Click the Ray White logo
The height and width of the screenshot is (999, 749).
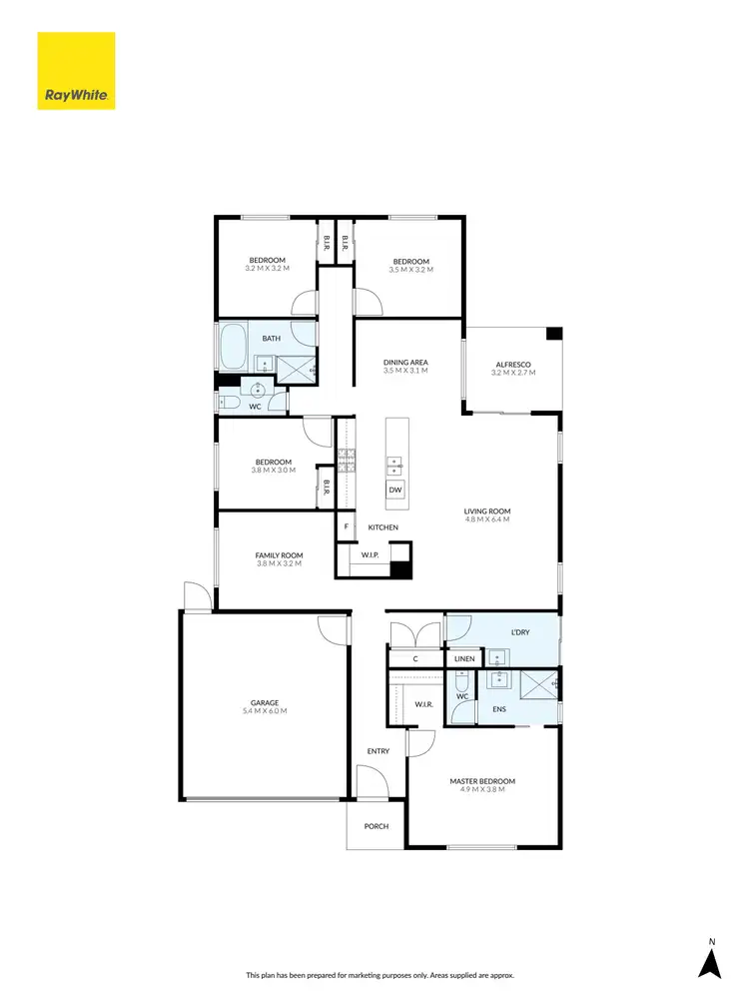(77, 71)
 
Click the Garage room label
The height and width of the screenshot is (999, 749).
(265, 702)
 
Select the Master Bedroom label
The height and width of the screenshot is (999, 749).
(482, 781)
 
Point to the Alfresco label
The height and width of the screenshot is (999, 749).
(513, 365)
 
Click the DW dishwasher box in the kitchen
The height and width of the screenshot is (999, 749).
(395, 490)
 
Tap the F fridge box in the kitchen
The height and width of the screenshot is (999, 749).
(346, 526)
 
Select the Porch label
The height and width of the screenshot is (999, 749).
(376, 826)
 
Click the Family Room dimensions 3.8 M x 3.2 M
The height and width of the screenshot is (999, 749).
(279, 564)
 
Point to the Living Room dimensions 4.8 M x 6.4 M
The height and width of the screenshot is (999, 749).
(486, 519)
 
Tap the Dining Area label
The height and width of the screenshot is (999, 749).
(405, 362)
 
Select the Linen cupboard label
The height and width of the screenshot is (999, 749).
(464, 658)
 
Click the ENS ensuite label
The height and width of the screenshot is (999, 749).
(499, 709)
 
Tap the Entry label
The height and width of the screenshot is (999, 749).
(377, 751)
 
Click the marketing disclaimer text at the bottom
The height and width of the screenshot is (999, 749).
(374, 974)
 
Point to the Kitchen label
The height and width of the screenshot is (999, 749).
(383, 526)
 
